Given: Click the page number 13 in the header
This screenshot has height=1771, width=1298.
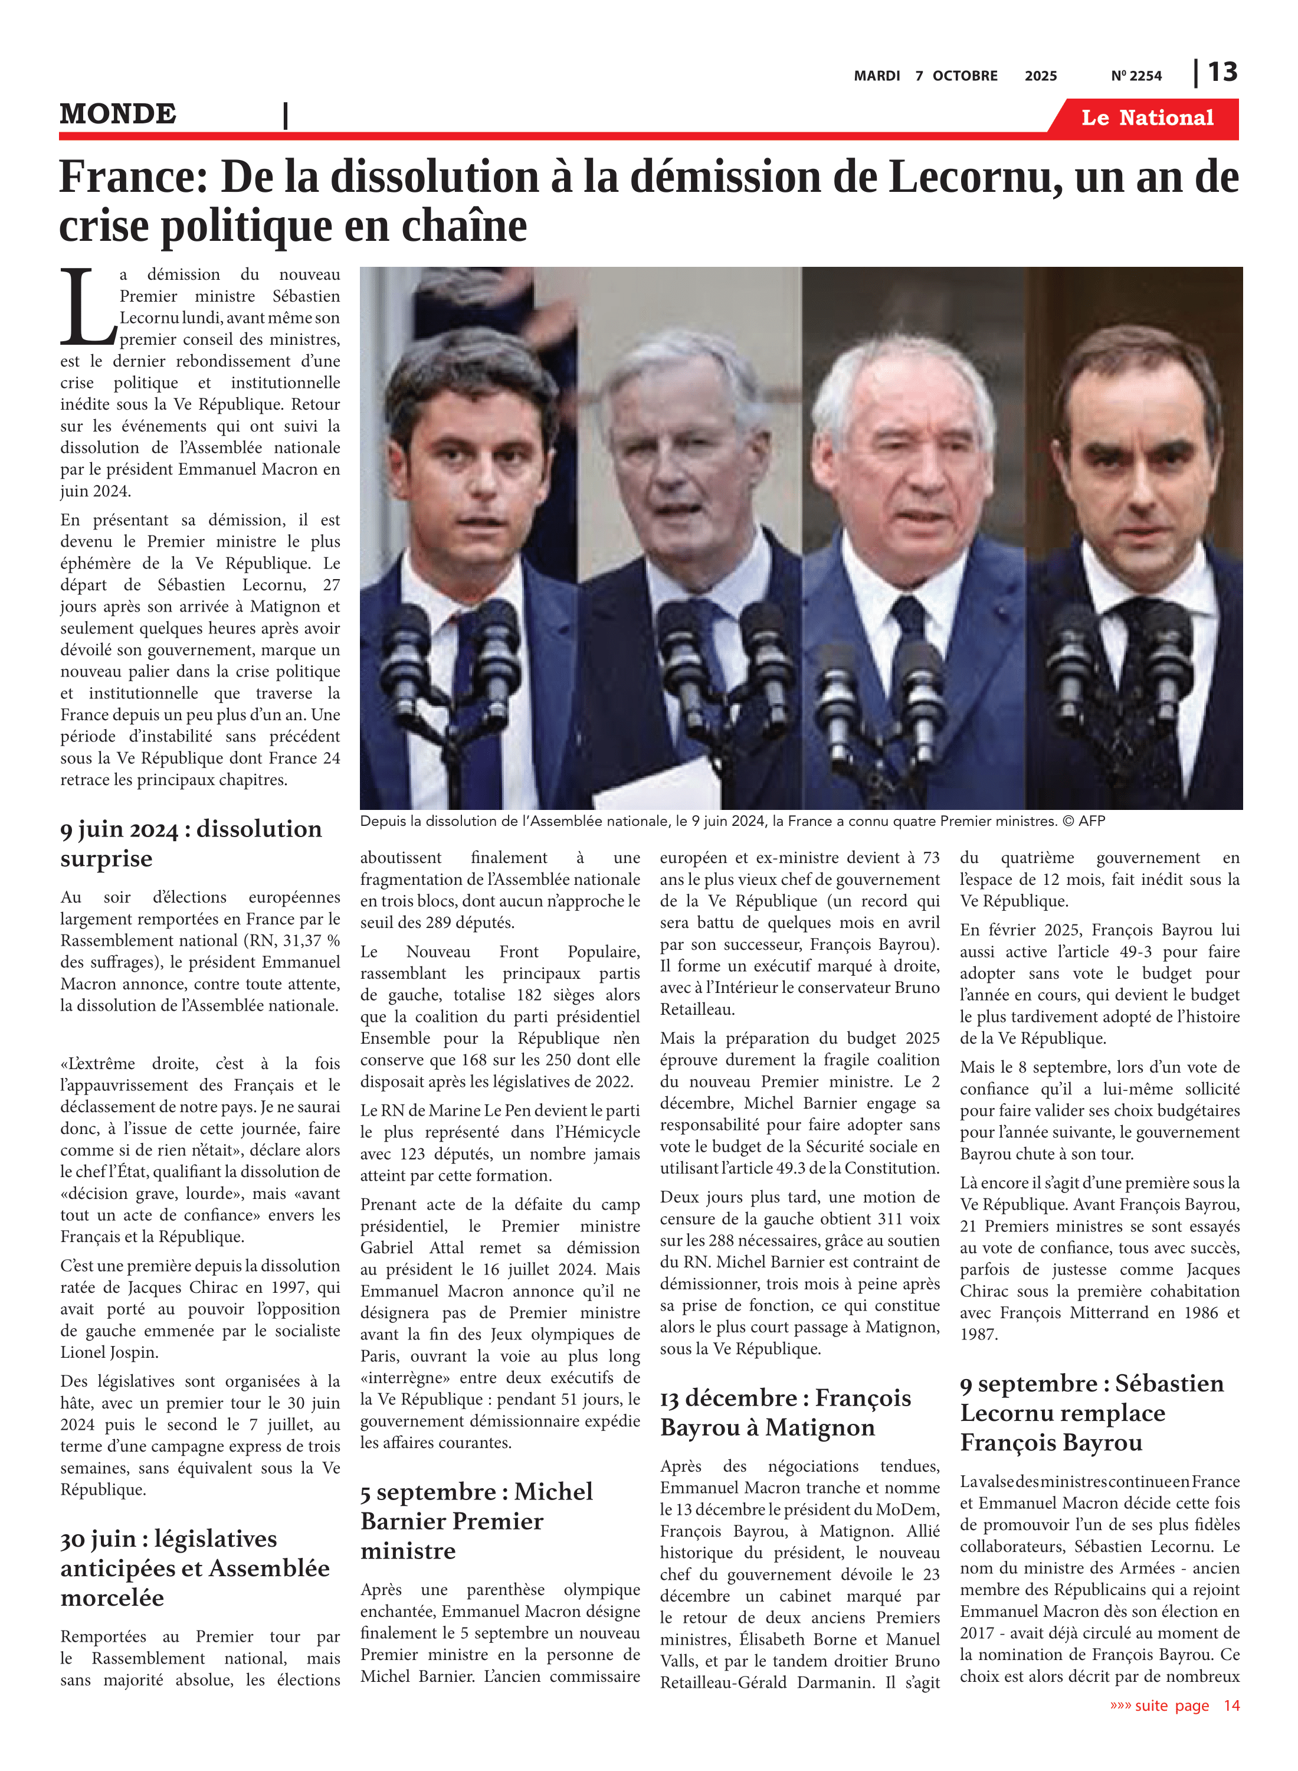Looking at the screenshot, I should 1222,73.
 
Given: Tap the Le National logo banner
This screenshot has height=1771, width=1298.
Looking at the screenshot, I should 1146,118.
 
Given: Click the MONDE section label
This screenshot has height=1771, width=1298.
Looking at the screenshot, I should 118,114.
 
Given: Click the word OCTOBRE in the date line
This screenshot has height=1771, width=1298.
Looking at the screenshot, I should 964,76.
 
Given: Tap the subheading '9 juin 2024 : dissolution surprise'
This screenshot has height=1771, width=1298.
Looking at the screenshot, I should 191,842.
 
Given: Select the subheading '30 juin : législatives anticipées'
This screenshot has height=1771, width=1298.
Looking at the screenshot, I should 194,1567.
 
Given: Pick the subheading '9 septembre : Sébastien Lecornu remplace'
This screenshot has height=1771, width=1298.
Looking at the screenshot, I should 1091,1413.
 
